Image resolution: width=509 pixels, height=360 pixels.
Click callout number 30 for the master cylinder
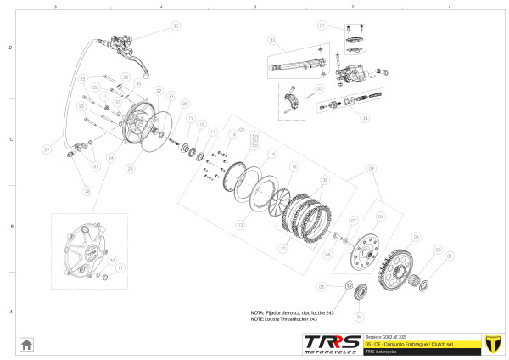pos(176,26)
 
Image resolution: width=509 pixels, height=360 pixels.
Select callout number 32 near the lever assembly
pos(272,40)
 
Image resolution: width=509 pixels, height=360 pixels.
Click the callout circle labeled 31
pos(322,26)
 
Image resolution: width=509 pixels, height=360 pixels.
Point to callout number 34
pos(365,118)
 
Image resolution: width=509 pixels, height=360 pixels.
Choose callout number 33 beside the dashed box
pos(319,88)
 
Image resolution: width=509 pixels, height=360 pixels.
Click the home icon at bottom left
pos(26,344)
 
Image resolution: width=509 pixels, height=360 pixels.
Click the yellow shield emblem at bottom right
pos(489,343)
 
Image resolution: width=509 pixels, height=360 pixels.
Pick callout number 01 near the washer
pos(450,255)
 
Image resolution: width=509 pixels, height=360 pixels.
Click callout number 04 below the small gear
pos(359,317)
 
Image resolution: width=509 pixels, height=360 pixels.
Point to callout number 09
pos(371,168)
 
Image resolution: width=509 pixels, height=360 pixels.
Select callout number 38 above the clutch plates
pos(326,180)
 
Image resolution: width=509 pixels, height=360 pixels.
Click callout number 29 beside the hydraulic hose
pos(47,149)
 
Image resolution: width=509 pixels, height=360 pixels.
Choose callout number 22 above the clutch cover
pos(158,90)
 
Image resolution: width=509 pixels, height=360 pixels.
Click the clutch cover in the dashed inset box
pos(89,247)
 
